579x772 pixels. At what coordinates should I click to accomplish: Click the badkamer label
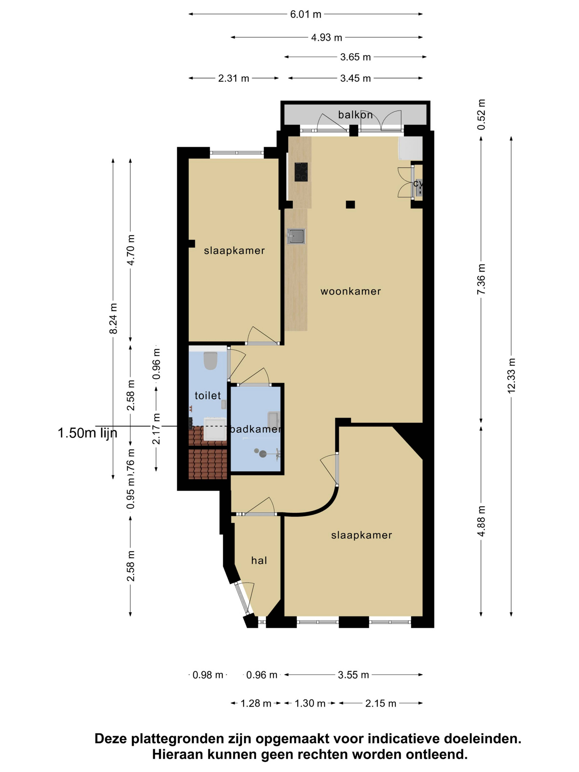[255, 429]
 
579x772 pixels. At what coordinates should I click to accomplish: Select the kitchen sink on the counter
[296, 236]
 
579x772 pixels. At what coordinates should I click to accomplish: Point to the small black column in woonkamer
[350, 204]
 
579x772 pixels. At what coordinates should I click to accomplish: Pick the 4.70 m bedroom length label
[131, 250]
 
